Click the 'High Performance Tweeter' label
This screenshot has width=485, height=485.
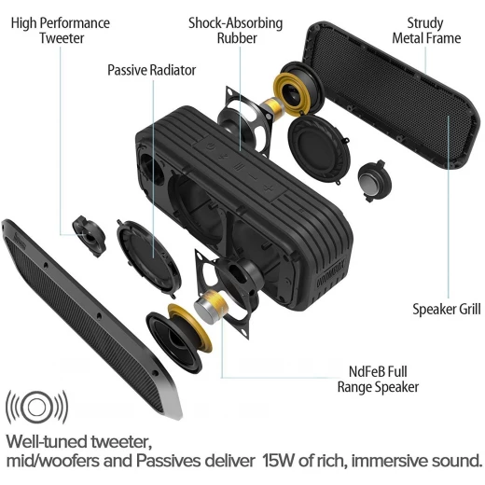(x=61, y=31)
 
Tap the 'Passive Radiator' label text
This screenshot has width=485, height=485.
(x=151, y=70)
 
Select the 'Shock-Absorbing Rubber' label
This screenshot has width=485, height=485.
(x=236, y=31)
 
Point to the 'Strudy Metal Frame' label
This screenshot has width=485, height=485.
(x=426, y=31)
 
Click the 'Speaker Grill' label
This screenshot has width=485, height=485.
(x=447, y=309)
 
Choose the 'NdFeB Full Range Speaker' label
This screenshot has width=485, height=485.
(x=378, y=380)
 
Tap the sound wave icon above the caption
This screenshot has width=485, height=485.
(x=37, y=407)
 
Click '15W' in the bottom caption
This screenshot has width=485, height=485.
(x=278, y=461)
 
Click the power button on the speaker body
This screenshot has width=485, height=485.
(x=211, y=145)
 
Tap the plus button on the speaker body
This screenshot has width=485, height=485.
(x=268, y=187)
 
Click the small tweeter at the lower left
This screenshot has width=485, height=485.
(x=90, y=236)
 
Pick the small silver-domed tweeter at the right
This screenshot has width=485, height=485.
(x=374, y=181)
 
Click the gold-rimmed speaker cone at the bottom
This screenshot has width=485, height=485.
(x=179, y=339)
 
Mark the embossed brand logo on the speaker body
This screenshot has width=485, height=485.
(x=331, y=273)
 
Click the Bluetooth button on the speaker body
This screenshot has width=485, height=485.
(x=225, y=157)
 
